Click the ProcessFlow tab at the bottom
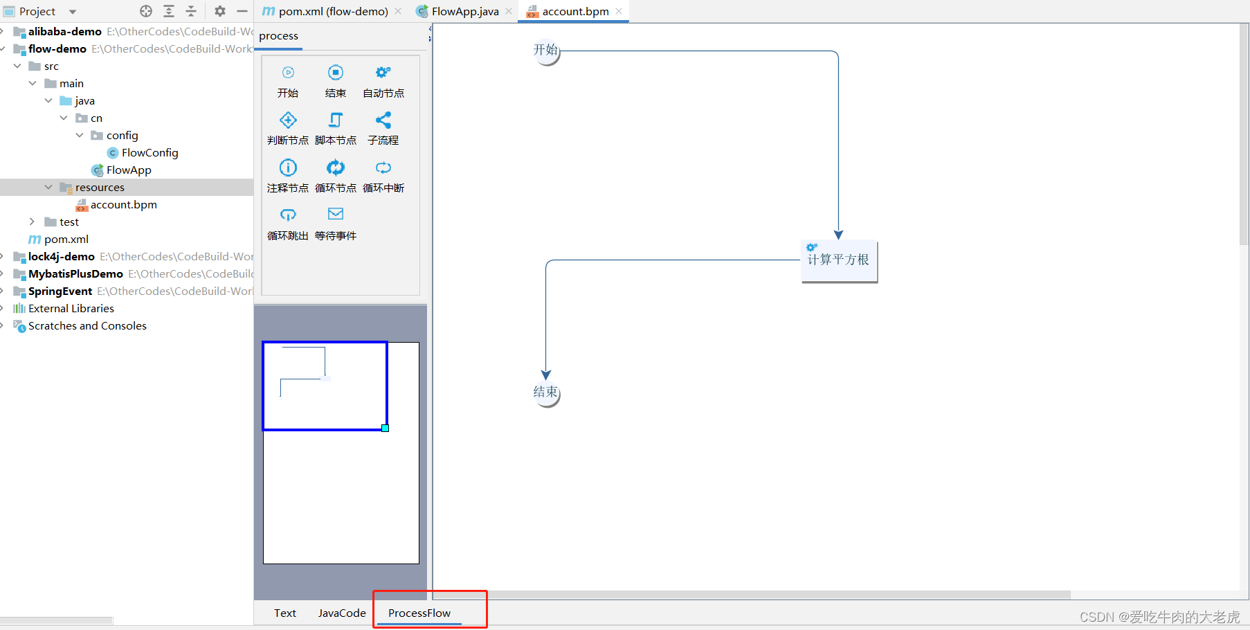[x=419, y=613]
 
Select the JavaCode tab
[x=342, y=613]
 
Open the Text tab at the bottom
[x=284, y=613]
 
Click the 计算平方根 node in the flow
[x=839, y=261]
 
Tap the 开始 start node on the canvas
[x=546, y=51]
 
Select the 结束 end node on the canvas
[x=546, y=393]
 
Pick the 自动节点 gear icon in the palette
[x=383, y=73]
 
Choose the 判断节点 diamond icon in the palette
[x=288, y=120]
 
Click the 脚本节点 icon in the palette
[x=336, y=120]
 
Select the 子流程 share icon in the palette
[x=383, y=120]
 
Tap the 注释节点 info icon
[x=288, y=168]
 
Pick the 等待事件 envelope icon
[x=336, y=214]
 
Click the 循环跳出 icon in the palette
[x=288, y=215]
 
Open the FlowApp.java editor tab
[x=464, y=11]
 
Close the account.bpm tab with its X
[x=619, y=11]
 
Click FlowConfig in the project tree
[x=150, y=152]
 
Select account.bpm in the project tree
[x=123, y=204]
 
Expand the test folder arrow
[x=32, y=222]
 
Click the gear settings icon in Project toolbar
[x=220, y=11]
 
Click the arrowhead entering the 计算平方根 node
[x=838, y=235]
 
